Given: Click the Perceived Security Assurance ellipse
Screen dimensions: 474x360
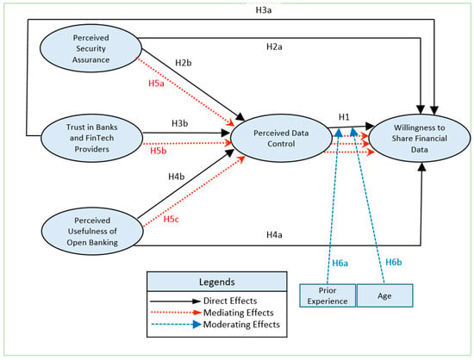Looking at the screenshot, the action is pyautogui.click(x=90, y=48).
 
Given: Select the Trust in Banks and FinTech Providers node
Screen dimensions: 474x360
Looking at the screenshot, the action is pyautogui.click(x=91, y=138).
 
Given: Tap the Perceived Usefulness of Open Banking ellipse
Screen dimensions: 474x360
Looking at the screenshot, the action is pyautogui.click(x=92, y=231).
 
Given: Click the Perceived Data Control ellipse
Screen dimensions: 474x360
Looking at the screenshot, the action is pyautogui.click(x=281, y=138).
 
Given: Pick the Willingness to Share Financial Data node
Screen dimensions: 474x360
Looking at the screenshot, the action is pyautogui.click(x=420, y=139).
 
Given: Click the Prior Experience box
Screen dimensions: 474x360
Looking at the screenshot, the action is pyautogui.click(x=327, y=295).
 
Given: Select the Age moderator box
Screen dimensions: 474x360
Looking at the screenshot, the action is pyautogui.click(x=384, y=295).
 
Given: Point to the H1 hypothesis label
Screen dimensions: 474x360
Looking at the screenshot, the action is pyautogui.click(x=344, y=117).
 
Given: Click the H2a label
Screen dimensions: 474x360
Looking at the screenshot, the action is pyautogui.click(x=274, y=47).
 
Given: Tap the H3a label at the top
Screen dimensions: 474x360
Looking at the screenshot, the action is pyautogui.click(x=264, y=10).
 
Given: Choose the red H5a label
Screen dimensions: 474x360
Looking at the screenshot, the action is pyautogui.click(x=156, y=84).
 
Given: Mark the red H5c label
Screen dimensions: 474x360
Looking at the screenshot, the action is pyautogui.click(x=172, y=219).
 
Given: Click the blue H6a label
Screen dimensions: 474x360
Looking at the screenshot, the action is pyautogui.click(x=340, y=264).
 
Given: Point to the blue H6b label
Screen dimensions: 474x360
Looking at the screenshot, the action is pyautogui.click(x=394, y=262).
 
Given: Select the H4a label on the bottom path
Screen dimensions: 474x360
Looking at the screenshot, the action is pyautogui.click(x=274, y=234).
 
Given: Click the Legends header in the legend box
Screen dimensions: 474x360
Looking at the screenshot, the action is pyautogui.click(x=216, y=282).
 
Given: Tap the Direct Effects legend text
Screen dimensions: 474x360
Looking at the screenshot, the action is pyautogui.click(x=230, y=301).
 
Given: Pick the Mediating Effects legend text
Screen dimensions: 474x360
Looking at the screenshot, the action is pyautogui.click(x=239, y=313).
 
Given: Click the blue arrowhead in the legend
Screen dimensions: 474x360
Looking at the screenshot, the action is pyautogui.click(x=197, y=325).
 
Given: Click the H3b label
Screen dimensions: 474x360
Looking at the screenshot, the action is pyautogui.click(x=180, y=123).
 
